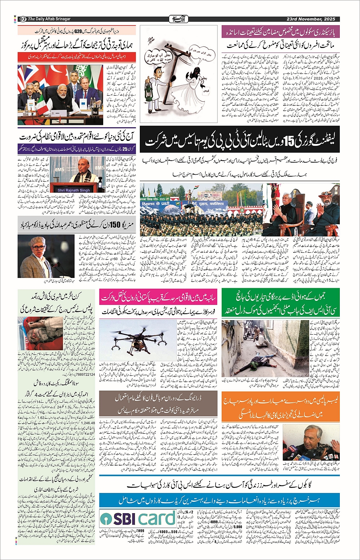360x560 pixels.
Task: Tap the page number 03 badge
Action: pos(22,19)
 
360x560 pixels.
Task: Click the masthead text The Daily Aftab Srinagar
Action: pos(50,19)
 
